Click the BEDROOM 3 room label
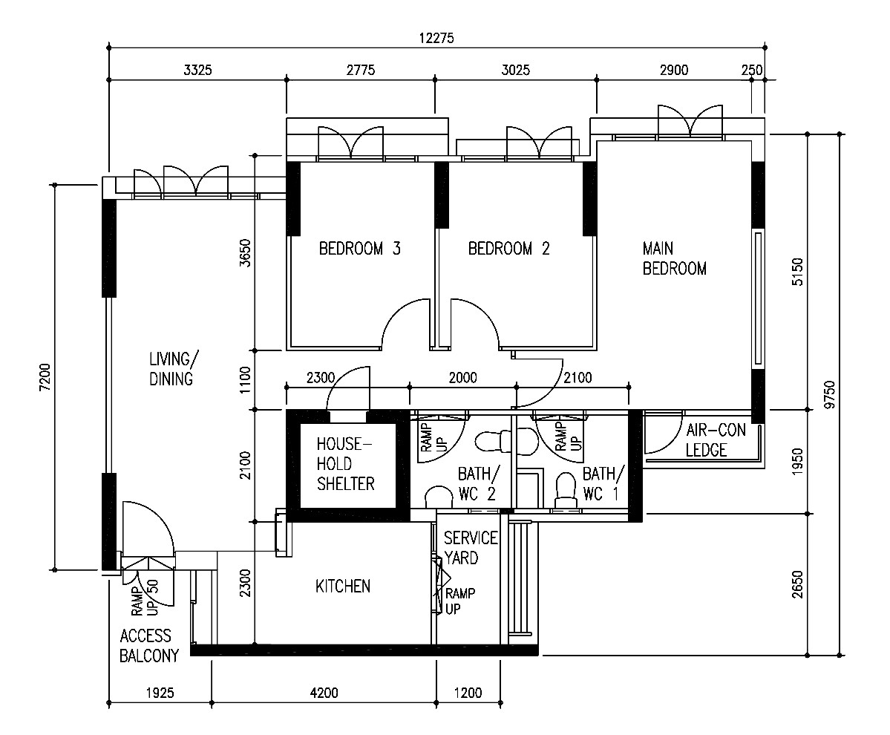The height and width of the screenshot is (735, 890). (360, 249)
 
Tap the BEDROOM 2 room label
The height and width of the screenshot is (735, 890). (509, 249)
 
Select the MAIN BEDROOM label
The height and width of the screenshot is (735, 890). (674, 258)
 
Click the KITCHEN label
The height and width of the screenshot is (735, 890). (343, 587)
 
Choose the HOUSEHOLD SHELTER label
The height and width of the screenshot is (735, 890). (345, 464)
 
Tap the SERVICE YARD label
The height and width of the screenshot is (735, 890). (471, 548)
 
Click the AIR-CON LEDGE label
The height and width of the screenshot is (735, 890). (716, 440)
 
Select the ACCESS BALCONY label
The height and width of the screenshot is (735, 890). (148, 646)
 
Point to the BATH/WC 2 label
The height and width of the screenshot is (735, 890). (479, 483)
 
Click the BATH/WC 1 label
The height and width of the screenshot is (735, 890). (603, 483)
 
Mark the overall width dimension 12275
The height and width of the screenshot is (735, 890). (436, 38)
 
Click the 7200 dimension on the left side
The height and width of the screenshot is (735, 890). (45, 377)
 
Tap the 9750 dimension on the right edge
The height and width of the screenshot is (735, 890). (829, 395)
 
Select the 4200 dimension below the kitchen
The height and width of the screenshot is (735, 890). (324, 693)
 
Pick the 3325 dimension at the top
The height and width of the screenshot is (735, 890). (197, 70)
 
